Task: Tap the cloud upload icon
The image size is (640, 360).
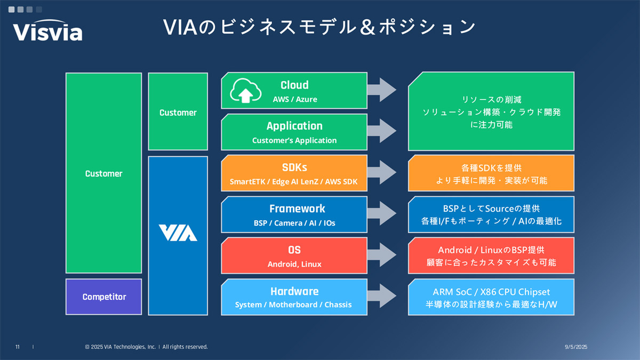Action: (246, 91)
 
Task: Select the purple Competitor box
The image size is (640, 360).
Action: (103, 297)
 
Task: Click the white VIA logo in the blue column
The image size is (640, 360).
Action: (178, 233)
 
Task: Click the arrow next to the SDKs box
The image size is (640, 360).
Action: (382, 172)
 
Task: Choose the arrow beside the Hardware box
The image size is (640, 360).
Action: (382, 296)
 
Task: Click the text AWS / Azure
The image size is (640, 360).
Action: (294, 99)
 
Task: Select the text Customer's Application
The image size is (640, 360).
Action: (294, 140)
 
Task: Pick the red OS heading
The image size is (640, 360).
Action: (294, 250)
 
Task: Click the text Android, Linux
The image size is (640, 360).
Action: (294, 264)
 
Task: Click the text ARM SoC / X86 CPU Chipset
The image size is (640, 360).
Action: (491, 292)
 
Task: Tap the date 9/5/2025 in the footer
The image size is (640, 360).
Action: (575, 347)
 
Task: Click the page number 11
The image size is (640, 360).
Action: (18, 347)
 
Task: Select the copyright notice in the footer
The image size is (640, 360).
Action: (146, 347)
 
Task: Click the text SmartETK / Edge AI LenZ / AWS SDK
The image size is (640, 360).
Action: (294, 181)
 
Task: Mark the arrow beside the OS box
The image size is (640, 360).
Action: (382, 255)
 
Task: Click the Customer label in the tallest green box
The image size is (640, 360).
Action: (103, 173)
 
